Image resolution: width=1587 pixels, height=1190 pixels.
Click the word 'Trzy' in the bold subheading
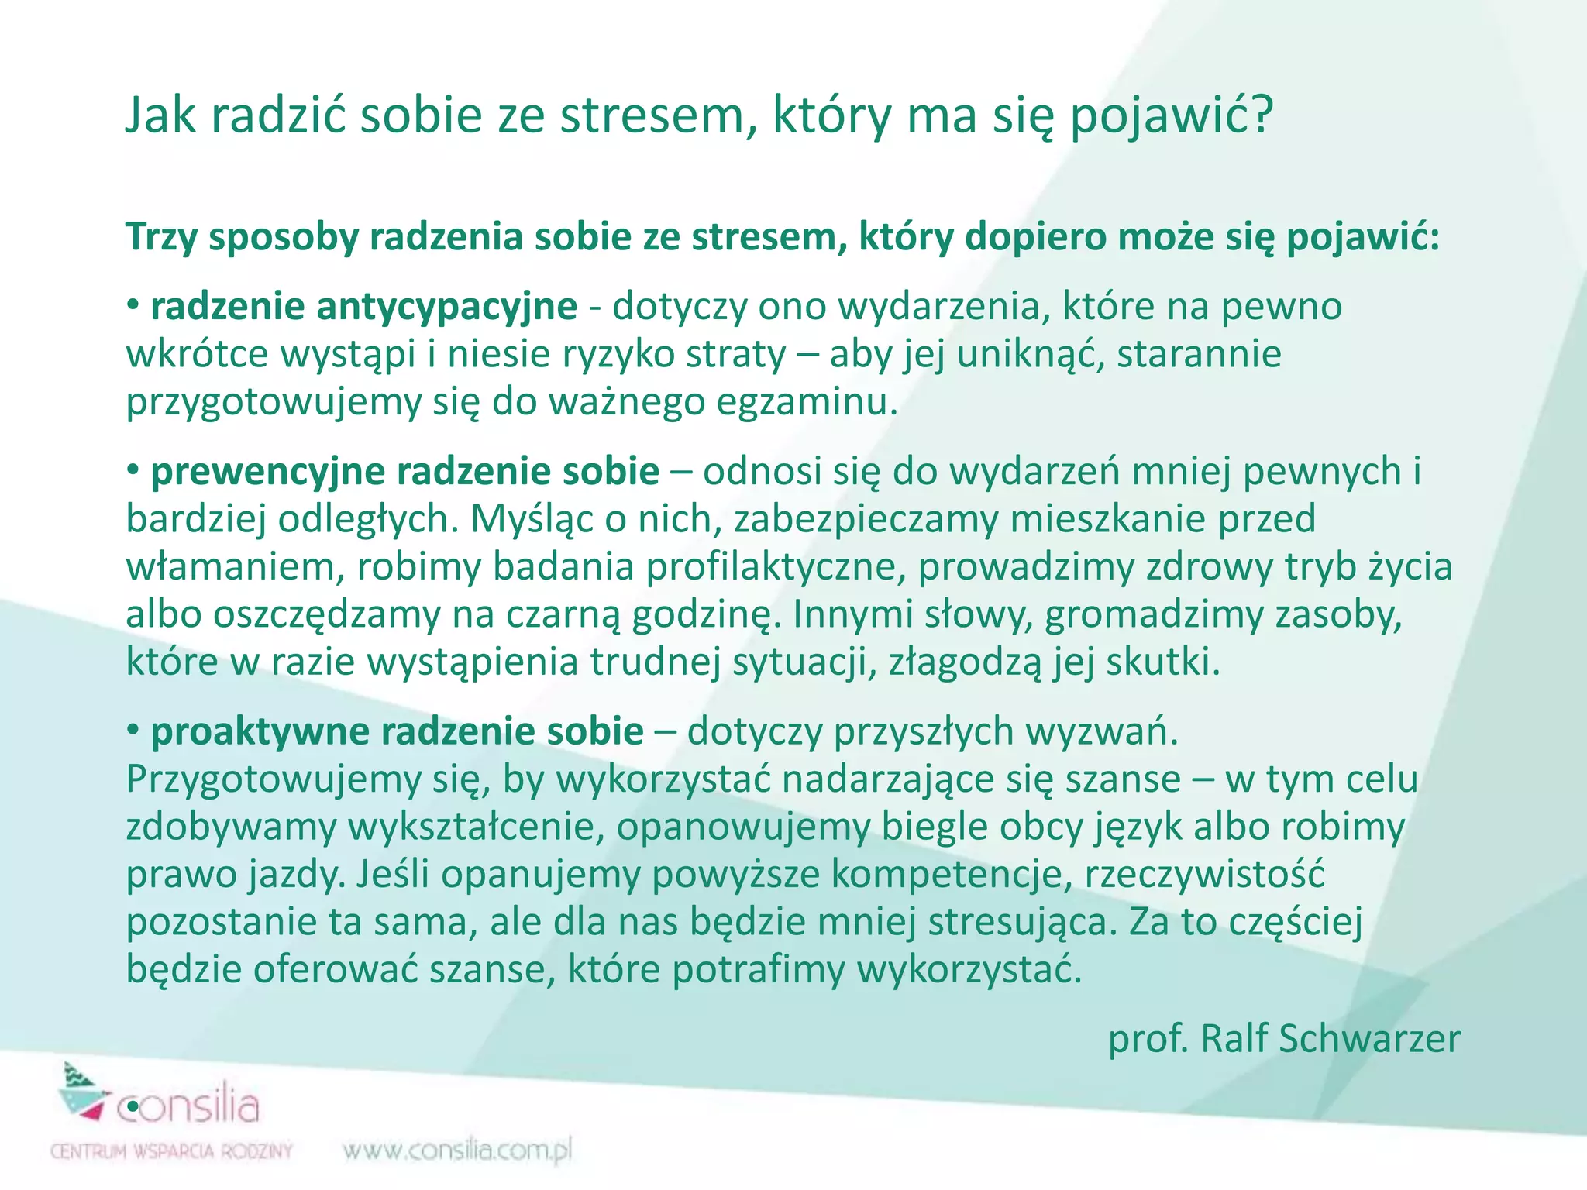[160, 237]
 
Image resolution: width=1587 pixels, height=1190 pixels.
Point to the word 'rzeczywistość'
[1205, 875]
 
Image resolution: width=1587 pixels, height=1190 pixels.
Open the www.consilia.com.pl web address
[457, 1150]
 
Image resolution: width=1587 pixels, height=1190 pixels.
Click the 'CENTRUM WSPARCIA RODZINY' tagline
[171, 1151]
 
